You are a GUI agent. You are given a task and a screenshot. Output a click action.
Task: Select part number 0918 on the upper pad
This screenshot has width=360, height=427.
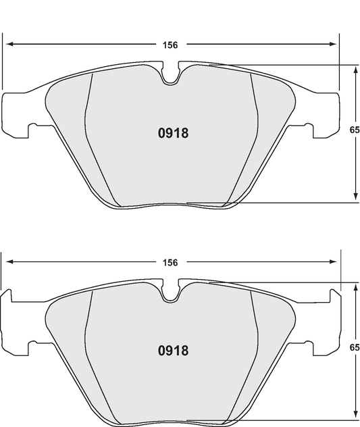[x=168, y=133]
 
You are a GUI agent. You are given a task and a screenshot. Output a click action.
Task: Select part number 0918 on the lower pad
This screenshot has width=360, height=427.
[x=168, y=351]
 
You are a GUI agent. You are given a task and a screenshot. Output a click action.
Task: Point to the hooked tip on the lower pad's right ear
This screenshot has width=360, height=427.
[x=333, y=292]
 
